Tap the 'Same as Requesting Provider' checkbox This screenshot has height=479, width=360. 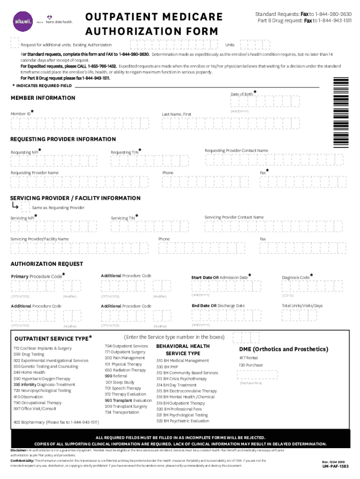coord(25,207)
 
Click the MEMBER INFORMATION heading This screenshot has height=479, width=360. coord(43,98)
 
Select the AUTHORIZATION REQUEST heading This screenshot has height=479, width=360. coord(47,264)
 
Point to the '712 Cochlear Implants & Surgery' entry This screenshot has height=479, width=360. coord(43,348)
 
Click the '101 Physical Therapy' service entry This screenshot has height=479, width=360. coord(123,364)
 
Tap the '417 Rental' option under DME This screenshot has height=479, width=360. coord(248,358)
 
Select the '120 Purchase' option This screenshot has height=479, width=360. coord(251,365)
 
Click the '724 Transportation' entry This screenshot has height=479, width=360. coord(122,413)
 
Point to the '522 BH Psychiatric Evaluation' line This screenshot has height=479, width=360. coord(183,421)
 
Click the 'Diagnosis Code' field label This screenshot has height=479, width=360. coord(295,277)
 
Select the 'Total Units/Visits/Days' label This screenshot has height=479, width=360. coord(302,306)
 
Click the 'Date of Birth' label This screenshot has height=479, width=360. coord(242,94)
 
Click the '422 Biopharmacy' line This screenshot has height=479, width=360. coord(56,422)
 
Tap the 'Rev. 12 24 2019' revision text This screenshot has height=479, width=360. coord(334,461)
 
